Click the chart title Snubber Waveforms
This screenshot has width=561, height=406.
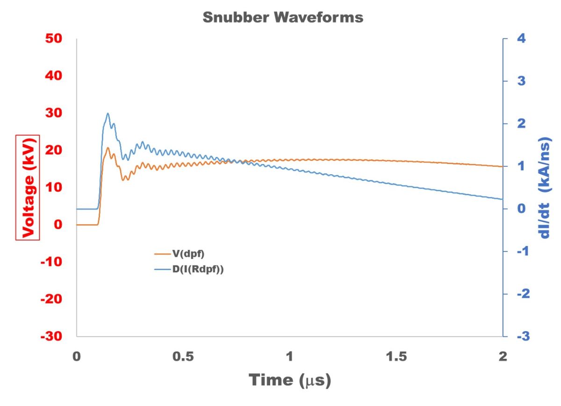[x=283, y=18]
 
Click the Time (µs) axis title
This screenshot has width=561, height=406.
[x=290, y=380]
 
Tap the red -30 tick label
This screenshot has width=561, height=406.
[x=52, y=336]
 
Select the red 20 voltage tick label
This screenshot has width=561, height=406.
[x=54, y=150]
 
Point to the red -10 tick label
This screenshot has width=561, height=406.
[x=52, y=262]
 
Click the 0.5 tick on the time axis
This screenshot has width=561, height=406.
[x=183, y=356]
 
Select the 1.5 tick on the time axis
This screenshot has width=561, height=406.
[x=396, y=356]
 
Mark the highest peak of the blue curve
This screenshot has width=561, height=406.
[x=108, y=113]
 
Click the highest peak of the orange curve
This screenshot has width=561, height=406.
[x=108, y=148]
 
